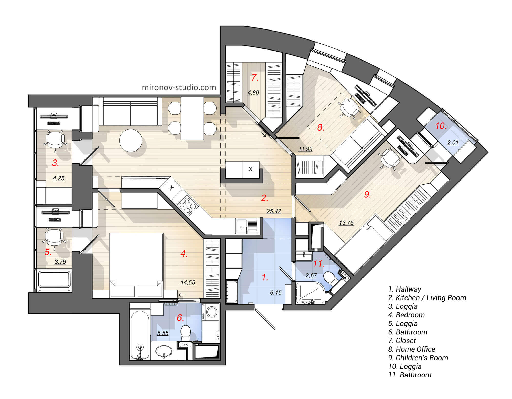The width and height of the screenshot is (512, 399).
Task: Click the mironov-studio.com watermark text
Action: pyautogui.click(x=179, y=88)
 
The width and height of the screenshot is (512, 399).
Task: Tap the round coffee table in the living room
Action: pyautogui.click(x=131, y=141)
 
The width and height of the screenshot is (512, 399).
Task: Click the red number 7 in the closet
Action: pyautogui.click(x=254, y=77)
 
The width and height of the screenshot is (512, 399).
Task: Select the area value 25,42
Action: pyautogui.click(x=274, y=211)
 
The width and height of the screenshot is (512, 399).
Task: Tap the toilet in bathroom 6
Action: pyautogui.click(x=185, y=332)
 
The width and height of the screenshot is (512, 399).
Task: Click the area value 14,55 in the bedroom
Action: pyautogui.click(x=188, y=283)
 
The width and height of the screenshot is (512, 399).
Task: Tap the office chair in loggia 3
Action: pyautogui.click(x=55, y=140)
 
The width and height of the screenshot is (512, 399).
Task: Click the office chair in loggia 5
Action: pyautogui.click(x=54, y=238)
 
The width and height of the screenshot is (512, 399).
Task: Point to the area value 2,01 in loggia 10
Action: pyautogui.click(x=453, y=142)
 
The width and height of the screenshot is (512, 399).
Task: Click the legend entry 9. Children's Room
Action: pyautogui.click(x=418, y=358)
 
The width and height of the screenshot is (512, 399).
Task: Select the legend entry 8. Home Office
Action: pyautogui.click(x=412, y=349)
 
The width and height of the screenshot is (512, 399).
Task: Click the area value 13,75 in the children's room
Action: pyautogui.click(x=346, y=223)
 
